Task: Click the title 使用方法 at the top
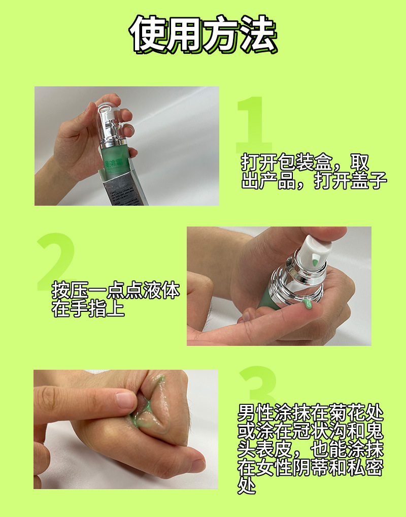203,34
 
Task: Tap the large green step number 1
253,124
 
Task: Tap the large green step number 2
56,261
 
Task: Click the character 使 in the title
148,34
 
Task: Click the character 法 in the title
258,34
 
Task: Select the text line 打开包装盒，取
305,162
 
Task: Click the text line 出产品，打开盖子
314,180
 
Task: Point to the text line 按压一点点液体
116,290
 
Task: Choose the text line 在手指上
88,308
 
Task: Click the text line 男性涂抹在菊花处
311,412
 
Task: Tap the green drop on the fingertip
308,304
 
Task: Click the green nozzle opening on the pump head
315,262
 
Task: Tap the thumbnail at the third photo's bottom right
197,466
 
